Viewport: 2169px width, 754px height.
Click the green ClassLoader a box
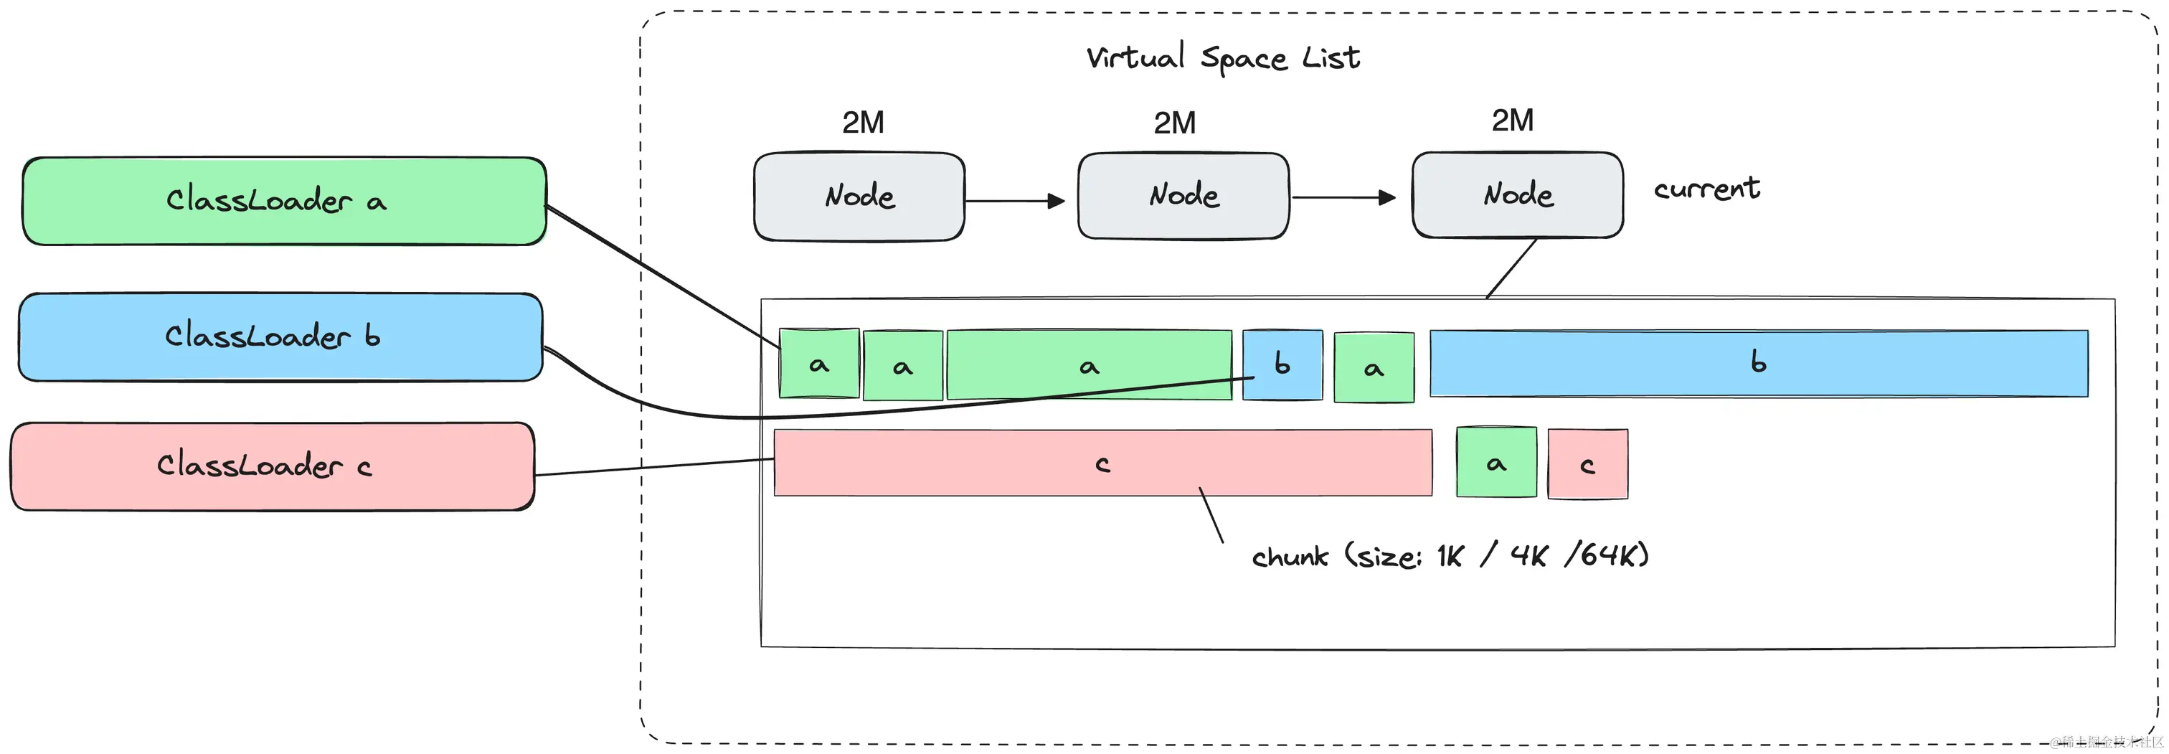[x=284, y=202]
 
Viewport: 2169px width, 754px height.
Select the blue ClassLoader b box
[x=280, y=337]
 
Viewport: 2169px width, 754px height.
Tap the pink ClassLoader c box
[x=272, y=466]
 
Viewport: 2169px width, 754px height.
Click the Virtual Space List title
[x=1223, y=58]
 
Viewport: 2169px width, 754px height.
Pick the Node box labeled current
[x=1517, y=195]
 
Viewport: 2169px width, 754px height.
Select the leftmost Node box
[x=859, y=197]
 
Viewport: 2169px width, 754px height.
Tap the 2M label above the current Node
[x=1512, y=121]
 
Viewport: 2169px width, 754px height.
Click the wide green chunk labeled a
[x=1089, y=364]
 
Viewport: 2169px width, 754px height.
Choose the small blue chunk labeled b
[x=1282, y=364]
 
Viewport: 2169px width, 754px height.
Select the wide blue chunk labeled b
[x=1758, y=363]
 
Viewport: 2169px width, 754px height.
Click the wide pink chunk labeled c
[x=1102, y=463]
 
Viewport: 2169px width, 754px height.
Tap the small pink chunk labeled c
[x=1587, y=464]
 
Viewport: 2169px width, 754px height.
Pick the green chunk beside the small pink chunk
[x=1496, y=463]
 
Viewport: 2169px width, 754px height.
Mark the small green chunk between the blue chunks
[x=1374, y=367]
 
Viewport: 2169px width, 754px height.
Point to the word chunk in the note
[x=1289, y=557]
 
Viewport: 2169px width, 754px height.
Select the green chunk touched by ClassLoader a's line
[x=818, y=364]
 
